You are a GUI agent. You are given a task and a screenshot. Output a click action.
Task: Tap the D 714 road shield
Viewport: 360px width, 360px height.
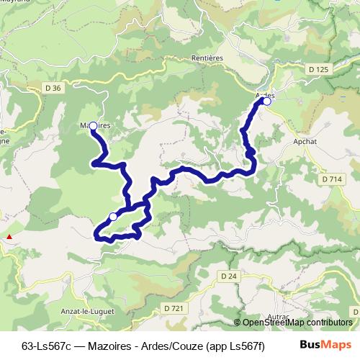coord(333,179)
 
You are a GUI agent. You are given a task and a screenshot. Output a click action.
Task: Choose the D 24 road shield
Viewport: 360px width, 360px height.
coord(229,276)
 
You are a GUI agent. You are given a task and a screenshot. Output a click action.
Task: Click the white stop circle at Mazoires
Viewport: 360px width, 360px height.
coord(93,126)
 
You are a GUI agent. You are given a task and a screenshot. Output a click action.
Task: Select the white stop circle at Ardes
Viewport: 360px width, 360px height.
coord(266,102)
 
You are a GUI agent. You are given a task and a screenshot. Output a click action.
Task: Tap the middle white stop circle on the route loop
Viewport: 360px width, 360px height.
coord(113,216)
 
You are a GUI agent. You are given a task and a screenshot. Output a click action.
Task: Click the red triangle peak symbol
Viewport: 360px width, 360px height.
coord(9,236)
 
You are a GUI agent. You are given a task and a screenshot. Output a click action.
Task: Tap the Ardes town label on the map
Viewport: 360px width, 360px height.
coord(265,94)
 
